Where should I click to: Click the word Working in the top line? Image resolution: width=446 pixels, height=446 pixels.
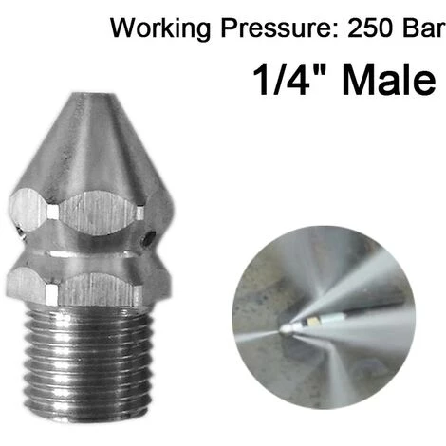[x=160, y=29]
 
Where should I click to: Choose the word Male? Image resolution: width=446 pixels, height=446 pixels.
[x=389, y=79]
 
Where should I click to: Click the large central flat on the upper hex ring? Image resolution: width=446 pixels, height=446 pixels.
[x=99, y=213]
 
